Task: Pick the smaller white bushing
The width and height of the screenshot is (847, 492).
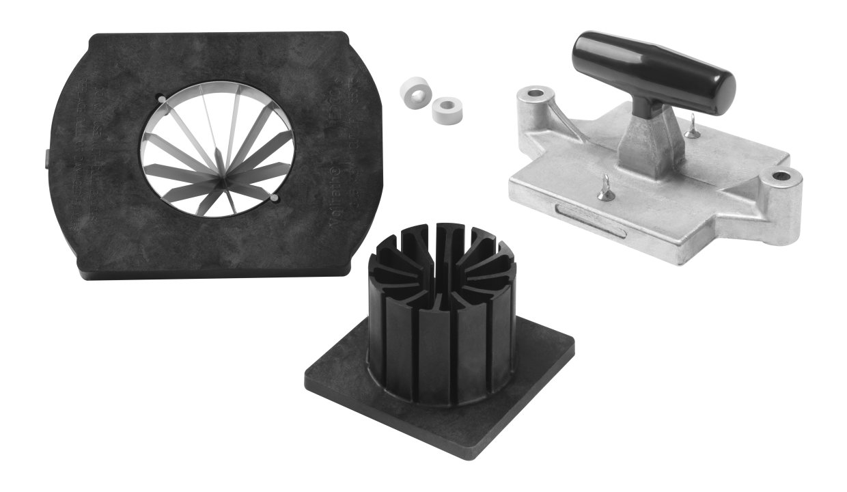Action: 447,109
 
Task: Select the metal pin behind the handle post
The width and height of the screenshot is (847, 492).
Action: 693,128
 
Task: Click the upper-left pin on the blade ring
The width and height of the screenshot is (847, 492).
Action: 161,100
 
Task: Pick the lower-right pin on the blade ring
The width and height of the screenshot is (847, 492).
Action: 274,198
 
